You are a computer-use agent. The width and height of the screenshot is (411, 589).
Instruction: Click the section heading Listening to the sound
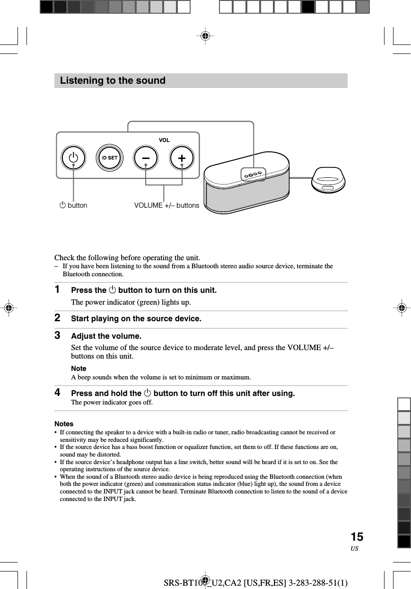coord(113,81)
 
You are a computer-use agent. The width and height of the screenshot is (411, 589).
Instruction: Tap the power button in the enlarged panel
coord(73,158)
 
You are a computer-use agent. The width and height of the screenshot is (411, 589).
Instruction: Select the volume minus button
coord(146,158)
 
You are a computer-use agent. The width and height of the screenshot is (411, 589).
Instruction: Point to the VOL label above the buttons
coord(164,141)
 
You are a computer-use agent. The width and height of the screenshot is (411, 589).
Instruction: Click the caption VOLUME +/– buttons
coord(166,205)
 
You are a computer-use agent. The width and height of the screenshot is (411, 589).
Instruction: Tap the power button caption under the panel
coord(73,205)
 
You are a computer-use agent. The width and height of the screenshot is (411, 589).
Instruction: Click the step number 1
coord(57,289)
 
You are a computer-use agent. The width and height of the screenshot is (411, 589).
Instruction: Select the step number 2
coord(57,318)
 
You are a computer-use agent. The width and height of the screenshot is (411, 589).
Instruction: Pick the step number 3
coord(57,335)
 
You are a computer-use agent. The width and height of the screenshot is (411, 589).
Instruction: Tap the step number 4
coord(57,393)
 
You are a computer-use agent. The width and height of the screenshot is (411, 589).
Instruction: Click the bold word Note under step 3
coord(79,369)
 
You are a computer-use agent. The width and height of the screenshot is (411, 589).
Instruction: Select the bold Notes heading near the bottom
coord(64,424)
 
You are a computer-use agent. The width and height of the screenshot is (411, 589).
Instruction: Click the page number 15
coord(357,537)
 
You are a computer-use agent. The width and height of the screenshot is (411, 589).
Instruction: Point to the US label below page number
coord(355,549)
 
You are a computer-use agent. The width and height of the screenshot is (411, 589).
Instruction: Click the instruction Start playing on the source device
coord(136,319)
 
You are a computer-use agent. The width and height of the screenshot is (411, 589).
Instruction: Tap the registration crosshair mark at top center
coord(205,35)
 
